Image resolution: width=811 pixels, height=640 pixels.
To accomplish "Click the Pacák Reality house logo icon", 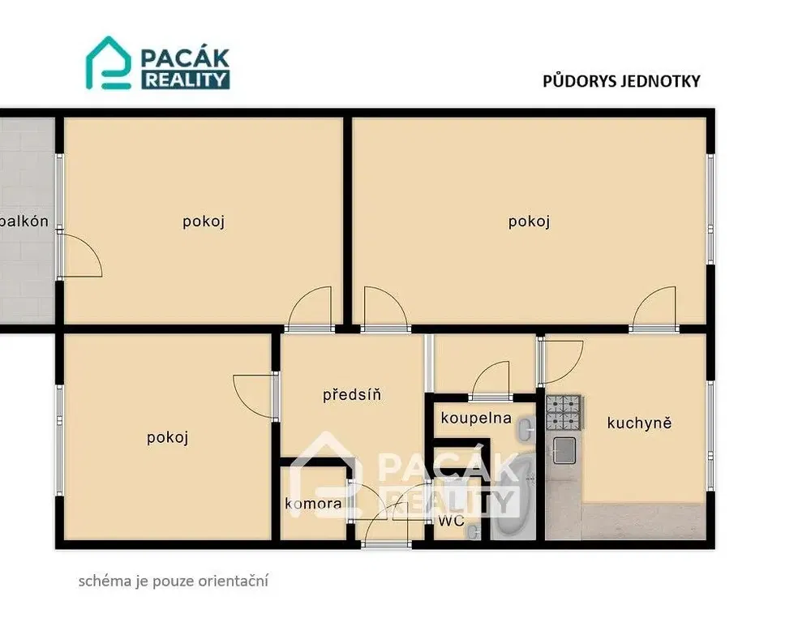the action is (108, 63).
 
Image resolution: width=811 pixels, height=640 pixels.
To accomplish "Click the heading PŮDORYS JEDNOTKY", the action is (621, 81).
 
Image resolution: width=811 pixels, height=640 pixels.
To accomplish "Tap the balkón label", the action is (24, 221).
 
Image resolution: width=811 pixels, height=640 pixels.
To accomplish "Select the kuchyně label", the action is (639, 423).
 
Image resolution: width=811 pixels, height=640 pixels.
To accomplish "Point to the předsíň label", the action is (352, 395).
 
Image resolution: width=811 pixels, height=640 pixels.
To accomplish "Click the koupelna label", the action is (476, 418).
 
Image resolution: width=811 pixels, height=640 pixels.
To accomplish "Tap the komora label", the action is (313, 504).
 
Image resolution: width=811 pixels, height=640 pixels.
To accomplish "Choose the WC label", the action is (452, 521).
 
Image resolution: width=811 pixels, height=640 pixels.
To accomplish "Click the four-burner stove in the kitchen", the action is (564, 413).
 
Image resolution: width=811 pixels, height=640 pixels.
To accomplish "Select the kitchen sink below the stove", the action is (564, 449).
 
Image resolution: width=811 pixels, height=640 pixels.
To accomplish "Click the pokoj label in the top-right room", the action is (529, 221).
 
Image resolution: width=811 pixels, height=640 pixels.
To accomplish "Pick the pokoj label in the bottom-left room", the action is (167, 438).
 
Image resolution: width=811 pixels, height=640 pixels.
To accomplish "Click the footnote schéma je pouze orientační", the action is (174, 581).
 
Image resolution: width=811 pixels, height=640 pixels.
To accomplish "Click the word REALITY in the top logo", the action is (185, 79).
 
